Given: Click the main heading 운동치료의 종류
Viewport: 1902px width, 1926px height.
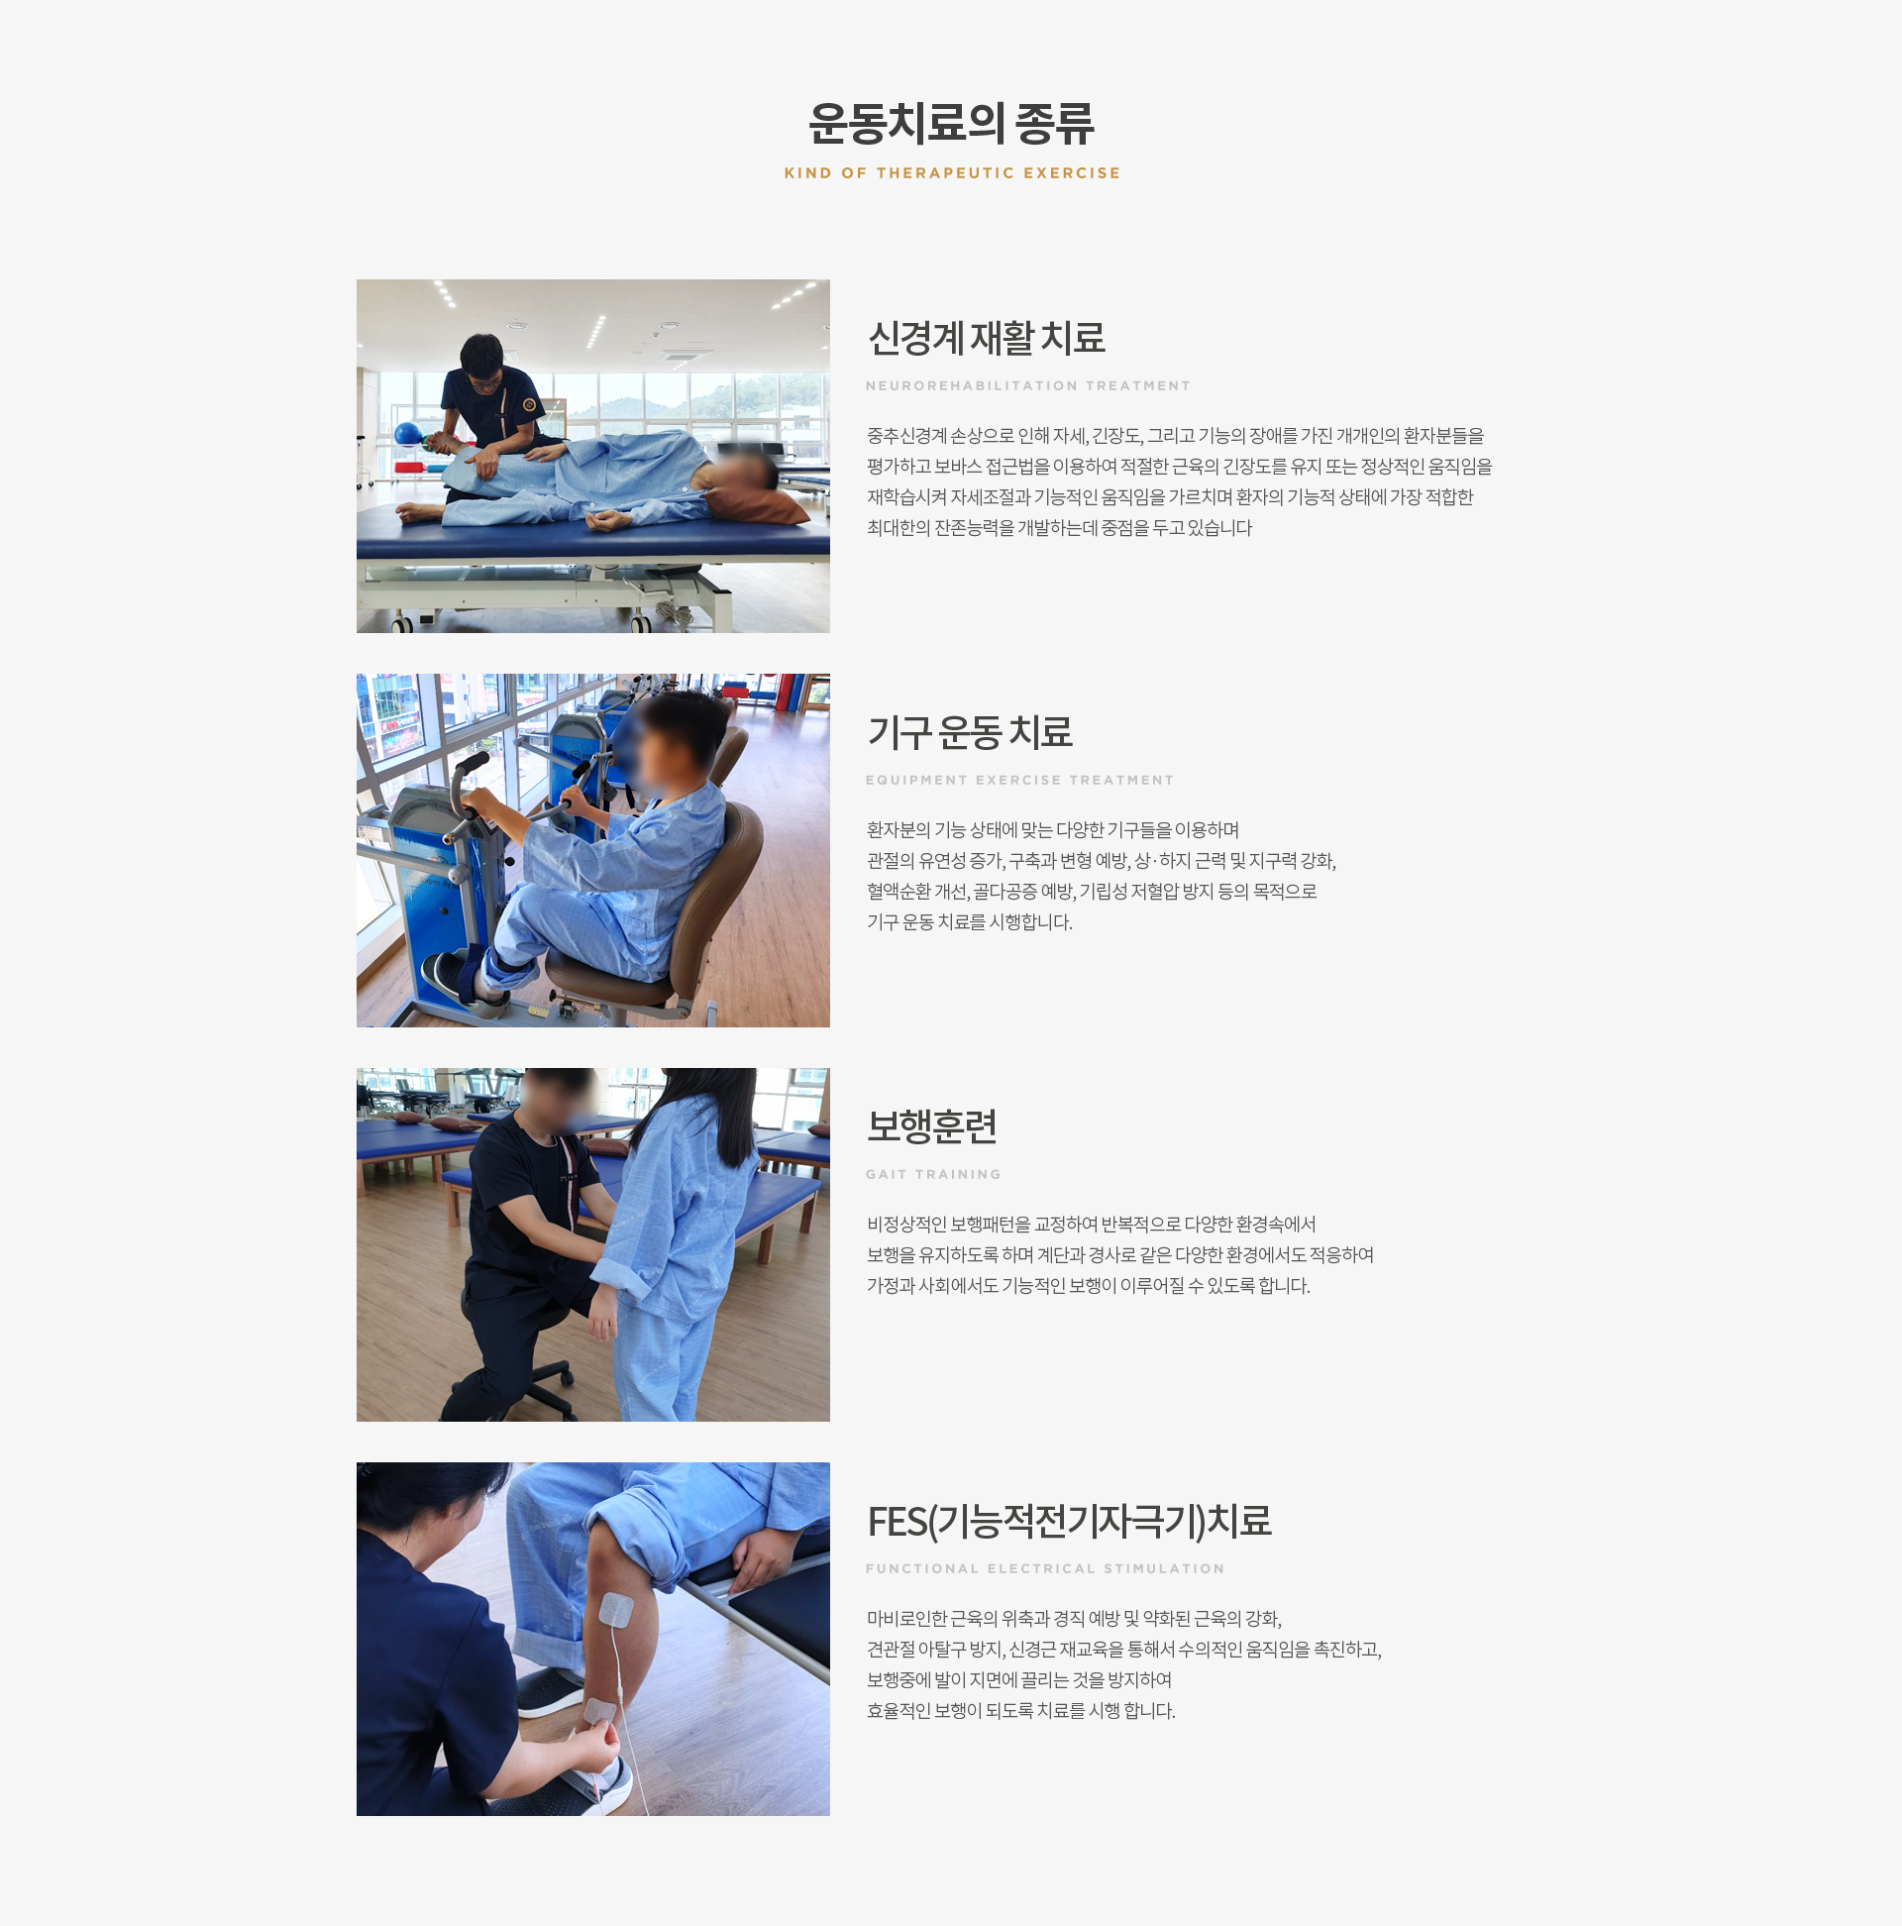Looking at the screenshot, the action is point(951,123).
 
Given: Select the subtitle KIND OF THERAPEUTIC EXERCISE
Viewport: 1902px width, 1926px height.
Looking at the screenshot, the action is point(952,173).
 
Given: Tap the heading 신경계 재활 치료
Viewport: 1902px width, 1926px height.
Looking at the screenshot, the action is point(986,338).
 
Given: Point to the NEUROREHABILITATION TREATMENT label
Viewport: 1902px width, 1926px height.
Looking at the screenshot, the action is point(1027,385).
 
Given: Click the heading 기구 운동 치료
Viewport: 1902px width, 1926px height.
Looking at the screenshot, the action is point(970,733).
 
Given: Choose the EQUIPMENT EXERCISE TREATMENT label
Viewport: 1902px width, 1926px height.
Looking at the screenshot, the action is point(1019,781).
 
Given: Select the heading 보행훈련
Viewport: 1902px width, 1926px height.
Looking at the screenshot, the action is point(932,1126).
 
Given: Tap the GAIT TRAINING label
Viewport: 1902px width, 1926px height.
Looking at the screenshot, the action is point(933,1174).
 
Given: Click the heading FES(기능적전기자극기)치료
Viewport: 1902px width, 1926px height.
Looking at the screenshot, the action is point(1069,1521).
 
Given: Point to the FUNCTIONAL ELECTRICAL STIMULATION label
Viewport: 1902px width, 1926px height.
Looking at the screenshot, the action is point(1045,1569).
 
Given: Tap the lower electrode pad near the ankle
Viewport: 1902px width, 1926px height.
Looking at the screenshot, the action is point(600,1711).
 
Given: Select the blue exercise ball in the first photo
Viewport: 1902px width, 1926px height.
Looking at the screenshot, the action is point(408,434).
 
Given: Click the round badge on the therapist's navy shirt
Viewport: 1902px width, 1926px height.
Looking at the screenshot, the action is point(529,405).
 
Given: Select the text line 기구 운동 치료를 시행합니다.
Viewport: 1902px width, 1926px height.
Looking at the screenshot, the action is point(969,922).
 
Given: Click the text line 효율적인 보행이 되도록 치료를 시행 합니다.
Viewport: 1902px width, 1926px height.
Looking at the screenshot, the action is point(1020,1711).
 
